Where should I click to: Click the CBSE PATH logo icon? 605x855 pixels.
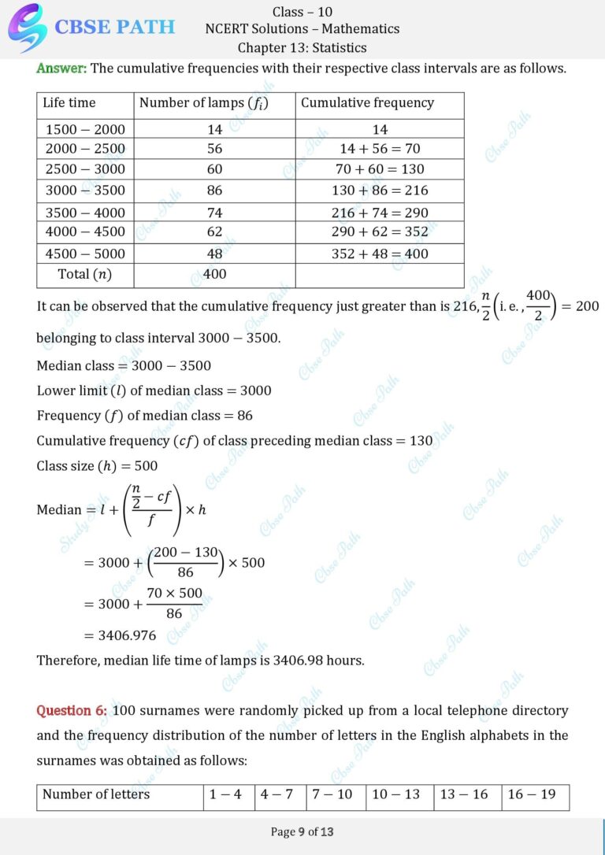[x=26, y=28]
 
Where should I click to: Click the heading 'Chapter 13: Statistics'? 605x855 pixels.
[x=302, y=48]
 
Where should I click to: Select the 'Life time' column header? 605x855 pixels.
[x=69, y=102]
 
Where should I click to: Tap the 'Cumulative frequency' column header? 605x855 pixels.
[x=367, y=102]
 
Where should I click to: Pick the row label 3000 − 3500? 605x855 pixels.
[x=85, y=190]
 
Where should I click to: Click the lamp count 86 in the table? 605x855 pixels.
[x=214, y=190]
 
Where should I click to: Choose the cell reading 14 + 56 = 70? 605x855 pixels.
[x=380, y=148]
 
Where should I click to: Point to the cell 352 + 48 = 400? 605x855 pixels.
[x=380, y=254]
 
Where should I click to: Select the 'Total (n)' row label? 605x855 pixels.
[x=85, y=274]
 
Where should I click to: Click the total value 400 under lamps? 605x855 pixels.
[x=214, y=274]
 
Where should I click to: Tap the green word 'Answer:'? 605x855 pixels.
[x=61, y=68]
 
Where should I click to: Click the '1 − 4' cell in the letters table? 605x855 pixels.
[x=226, y=794]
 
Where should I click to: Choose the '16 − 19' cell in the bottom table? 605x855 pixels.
[x=532, y=794]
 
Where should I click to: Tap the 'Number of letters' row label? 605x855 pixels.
[x=96, y=794]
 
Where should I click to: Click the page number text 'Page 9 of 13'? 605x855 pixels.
[x=302, y=831]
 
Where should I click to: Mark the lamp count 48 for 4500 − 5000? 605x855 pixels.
[x=214, y=254]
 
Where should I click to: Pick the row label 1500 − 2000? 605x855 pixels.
[x=85, y=129]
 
